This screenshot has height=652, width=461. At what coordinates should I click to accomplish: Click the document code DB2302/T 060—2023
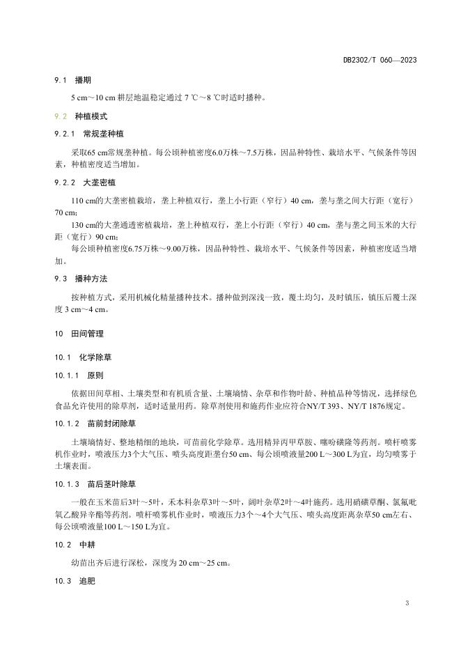(x=380, y=61)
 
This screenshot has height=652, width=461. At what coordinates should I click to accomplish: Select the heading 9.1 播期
(x=78, y=81)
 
